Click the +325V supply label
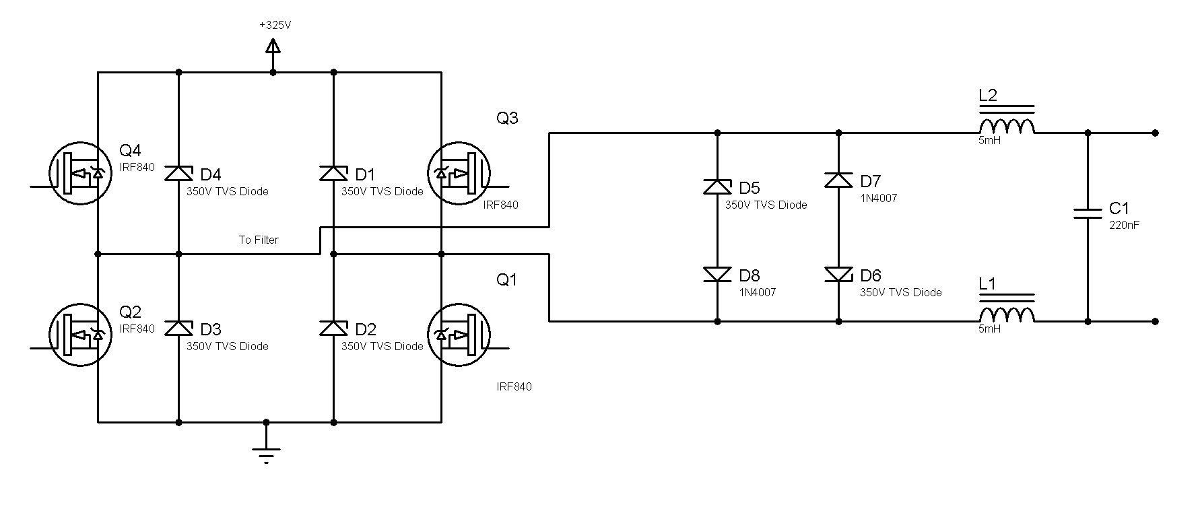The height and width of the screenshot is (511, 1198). tap(275, 25)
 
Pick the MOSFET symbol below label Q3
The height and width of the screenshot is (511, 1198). tap(460, 173)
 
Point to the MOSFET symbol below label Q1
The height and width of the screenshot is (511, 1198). tap(460, 335)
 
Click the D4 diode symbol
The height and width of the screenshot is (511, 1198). tap(179, 173)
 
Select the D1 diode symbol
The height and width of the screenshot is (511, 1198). tap(334, 173)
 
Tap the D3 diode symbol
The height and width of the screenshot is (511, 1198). tap(179, 328)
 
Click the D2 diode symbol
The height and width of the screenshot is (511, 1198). tap(334, 328)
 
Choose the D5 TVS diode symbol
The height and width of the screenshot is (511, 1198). tap(717, 186)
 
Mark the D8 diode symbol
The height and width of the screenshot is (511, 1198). tap(717, 274)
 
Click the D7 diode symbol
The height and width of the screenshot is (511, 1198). tap(838, 180)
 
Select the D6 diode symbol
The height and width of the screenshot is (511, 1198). tap(838, 274)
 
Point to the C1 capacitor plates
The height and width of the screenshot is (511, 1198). tap(1088, 213)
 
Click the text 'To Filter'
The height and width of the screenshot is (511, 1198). tap(259, 240)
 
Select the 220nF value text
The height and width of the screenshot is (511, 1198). tap(1124, 226)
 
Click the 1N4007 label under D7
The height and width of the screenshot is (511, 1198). tap(879, 199)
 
